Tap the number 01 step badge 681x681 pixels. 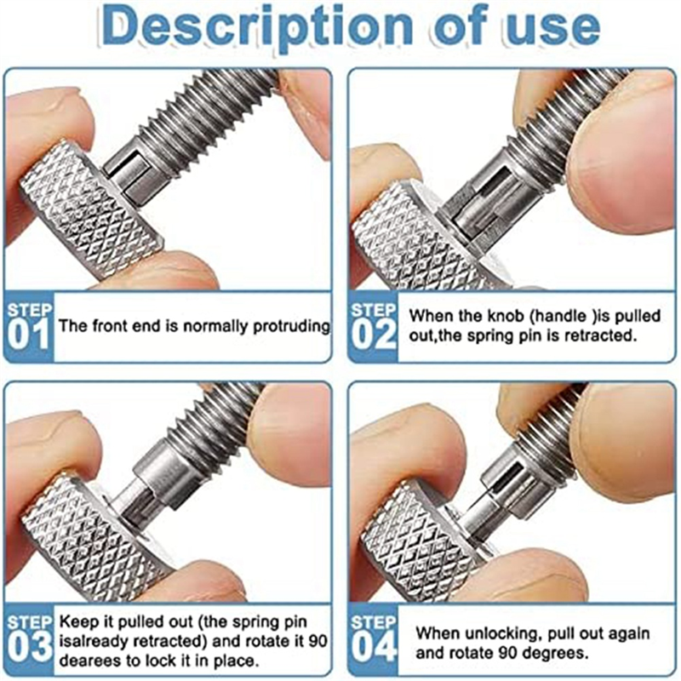(29, 326)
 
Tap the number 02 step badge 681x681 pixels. (374, 326)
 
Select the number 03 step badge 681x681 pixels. (29, 641)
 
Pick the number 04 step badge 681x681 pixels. (374, 641)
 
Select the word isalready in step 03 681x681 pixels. (91, 640)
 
